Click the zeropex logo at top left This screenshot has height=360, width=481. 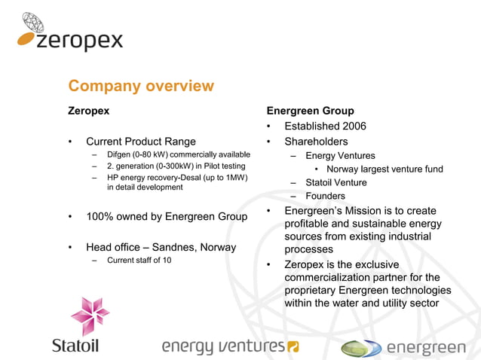tap(69, 34)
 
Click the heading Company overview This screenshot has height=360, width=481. tap(141, 86)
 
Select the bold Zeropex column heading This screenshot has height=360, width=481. tap(89, 111)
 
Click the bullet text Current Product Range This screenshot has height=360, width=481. tap(140, 141)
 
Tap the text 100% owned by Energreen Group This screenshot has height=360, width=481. tap(167, 217)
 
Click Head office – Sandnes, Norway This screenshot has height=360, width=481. tap(161, 247)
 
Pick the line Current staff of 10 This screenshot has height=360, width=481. tap(139, 261)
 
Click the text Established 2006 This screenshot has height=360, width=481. tap(325, 126)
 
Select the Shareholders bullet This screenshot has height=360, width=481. tap(316, 141)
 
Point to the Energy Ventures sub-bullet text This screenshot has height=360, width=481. tap(340, 156)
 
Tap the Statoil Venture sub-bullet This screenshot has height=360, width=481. tap(335, 182)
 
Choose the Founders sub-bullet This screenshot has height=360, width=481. tap(325, 196)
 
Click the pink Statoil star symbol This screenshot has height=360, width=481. tap(90, 313)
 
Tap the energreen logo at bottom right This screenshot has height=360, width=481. tap(403, 347)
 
